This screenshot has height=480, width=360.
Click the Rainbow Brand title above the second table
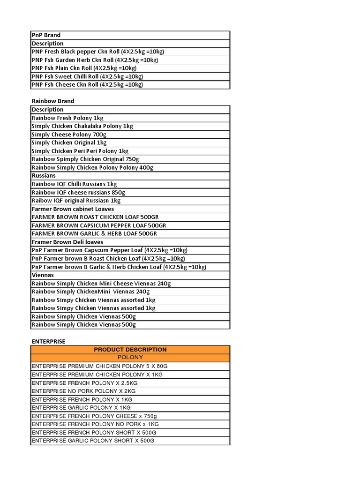pyautogui.click(x=53, y=101)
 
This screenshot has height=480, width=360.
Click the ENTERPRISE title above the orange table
pyautogui.click(x=48, y=341)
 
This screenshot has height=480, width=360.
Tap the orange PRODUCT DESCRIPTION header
pyautogui.click(x=130, y=350)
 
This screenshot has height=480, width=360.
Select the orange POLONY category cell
pyautogui.click(x=130, y=358)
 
